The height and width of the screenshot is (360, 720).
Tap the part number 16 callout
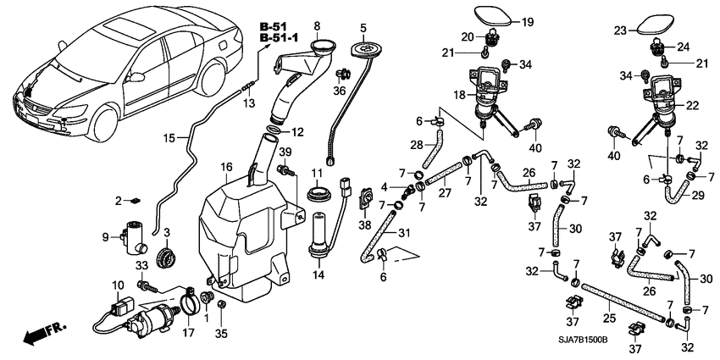tap(226, 166)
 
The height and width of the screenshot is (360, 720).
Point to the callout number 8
tap(318, 25)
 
